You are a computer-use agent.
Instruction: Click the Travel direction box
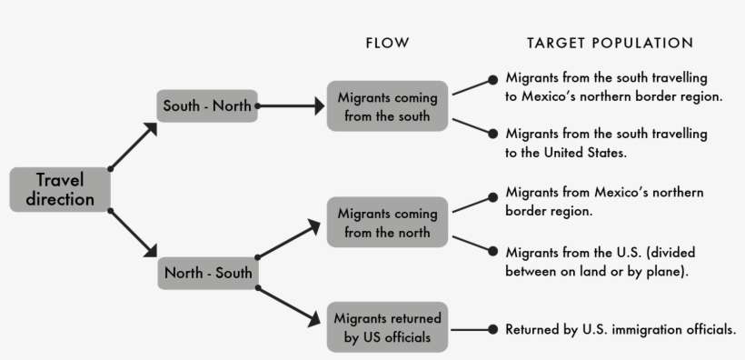pyautogui.click(x=59, y=189)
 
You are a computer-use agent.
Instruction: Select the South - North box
pyautogui.click(x=207, y=105)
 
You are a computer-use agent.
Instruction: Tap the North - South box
pyautogui.click(x=207, y=271)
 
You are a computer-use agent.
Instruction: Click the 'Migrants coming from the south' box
pyautogui.click(x=387, y=106)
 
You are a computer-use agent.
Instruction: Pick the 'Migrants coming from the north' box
pyautogui.click(x=387, y=222)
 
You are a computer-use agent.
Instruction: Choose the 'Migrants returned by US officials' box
pyautogui.click(x=387, y=328)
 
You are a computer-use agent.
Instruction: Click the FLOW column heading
pyautogui.click(x=387, y=43)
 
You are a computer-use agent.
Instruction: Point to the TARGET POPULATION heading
pyautogui.click(x=610, y=43)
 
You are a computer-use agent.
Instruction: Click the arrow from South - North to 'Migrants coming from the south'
pyautogui.click(x=293, y=106)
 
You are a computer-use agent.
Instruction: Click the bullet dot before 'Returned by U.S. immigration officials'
pyautogui.click(x=492, y=329)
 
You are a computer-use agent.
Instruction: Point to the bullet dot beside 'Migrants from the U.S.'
pyautogui.click(x=492, y=251)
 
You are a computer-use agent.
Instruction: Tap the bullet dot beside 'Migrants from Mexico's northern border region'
pyautogui.click(x=492, y=193)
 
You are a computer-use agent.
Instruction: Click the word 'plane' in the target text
pyautogui.click(x=662, y=270)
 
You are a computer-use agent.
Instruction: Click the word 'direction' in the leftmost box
pyautogui.click(x=60, y=199)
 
